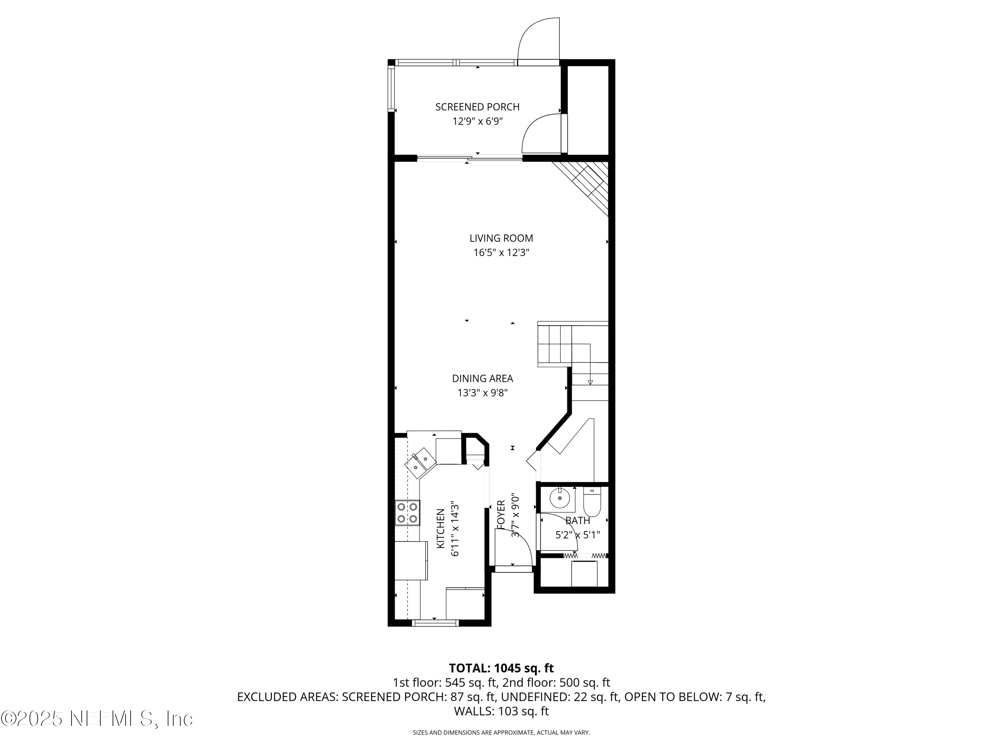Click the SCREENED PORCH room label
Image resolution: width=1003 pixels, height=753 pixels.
coord(477,107)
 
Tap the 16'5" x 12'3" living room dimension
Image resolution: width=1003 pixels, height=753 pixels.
coord(501,253)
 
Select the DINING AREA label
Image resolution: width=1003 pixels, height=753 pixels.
coord(482,379)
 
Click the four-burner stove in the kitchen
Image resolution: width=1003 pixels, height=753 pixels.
coord(407,512)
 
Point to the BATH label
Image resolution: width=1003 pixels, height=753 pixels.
coord(578,521)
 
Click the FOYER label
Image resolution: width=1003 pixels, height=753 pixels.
coord(500,515)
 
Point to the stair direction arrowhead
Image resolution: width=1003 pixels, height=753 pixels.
coord(590,382)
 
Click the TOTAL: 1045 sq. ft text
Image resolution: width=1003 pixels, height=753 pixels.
coord(501,668)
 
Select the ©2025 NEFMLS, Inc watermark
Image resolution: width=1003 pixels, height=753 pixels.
coord(97,719)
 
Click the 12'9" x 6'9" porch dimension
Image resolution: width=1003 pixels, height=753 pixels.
coord(477,121)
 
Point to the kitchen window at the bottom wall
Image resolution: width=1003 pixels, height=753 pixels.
coord(435,623)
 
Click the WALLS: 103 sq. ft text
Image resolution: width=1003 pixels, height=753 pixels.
coord(501,711)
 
